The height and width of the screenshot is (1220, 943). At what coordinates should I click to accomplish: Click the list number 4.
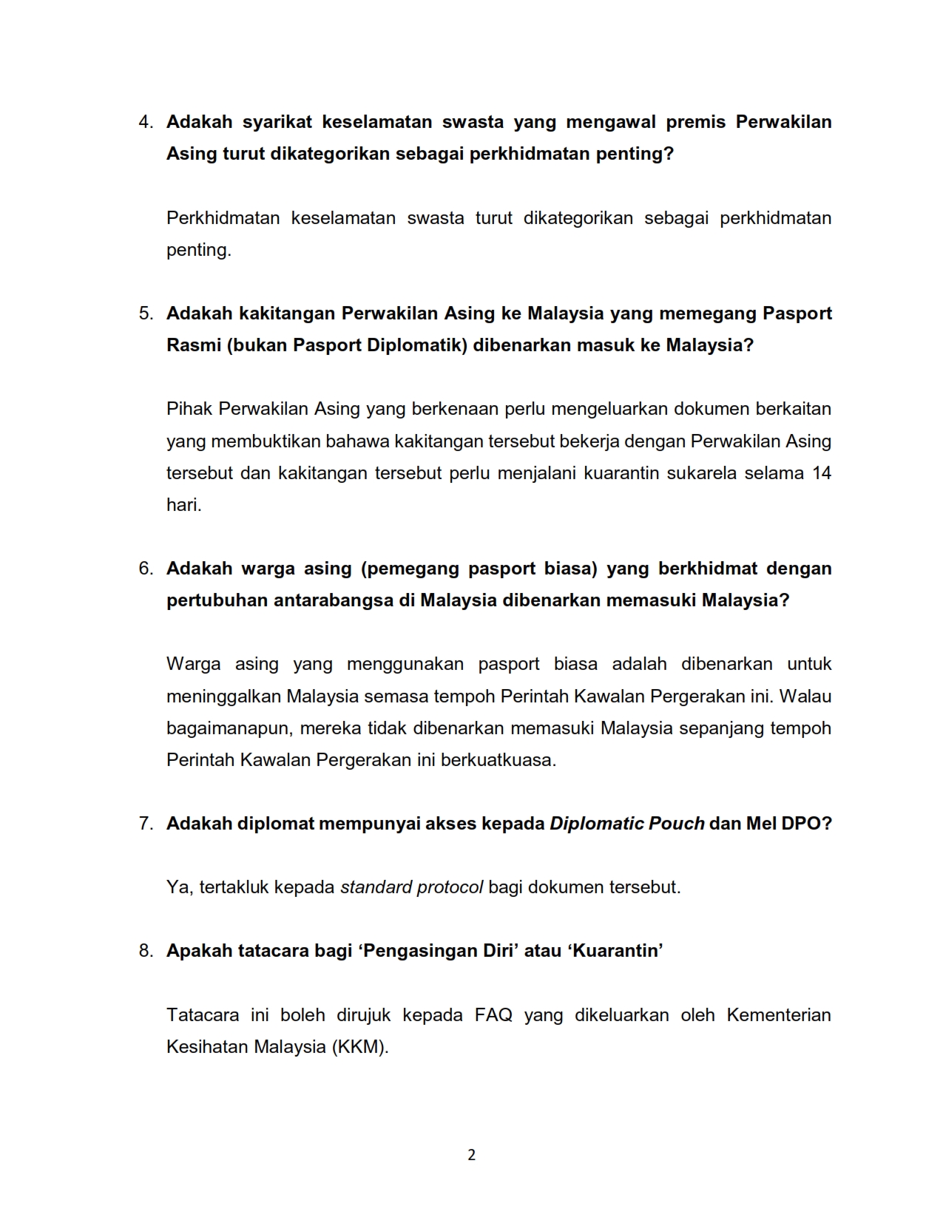click(x=144, y=122)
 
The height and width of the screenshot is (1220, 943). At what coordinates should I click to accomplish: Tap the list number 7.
click(x=144, y=824)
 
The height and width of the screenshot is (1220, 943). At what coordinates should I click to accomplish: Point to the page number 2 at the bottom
click(x=472, y=1155)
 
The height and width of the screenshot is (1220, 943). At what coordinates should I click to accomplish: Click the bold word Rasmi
click(x=192, y=345)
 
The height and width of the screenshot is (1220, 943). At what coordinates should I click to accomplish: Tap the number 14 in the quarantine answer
click(x=822, y=473)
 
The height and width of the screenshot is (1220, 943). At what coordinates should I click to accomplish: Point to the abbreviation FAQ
click(x=493, y=1015)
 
